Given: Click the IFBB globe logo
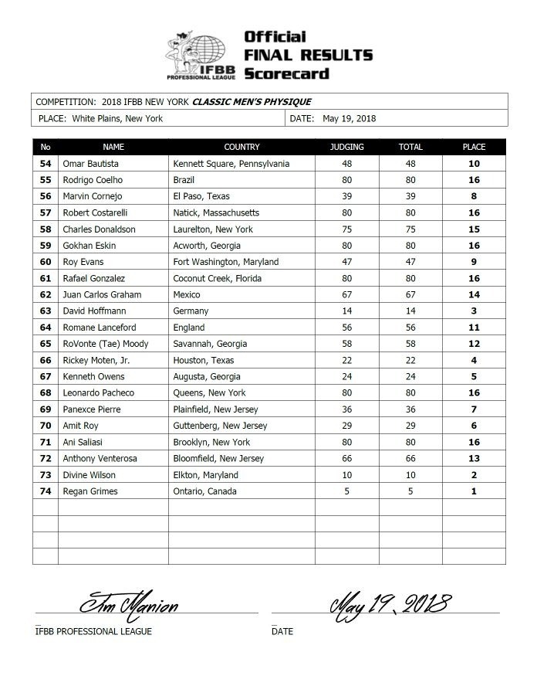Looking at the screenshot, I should pos(200,53).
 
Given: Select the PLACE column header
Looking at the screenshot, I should pos(474,147).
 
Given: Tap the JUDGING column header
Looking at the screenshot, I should pos(346,147).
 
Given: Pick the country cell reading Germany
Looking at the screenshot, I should pos(191,311).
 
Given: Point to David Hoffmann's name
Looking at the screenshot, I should pos(93,311).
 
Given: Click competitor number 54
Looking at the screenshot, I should pos(46,164).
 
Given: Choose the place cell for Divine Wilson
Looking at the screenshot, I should pos(474,475).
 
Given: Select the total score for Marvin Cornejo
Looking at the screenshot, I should pos(410,196).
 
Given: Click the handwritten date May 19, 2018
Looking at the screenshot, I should pos(390,600).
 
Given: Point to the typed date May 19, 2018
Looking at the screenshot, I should pos(350,118).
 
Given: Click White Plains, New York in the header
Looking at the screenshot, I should pos(118,118).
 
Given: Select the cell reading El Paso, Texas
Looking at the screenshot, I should pos(202,196).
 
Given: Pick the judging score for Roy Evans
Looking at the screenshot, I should pos(346,262).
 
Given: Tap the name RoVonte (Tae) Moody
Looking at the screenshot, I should pos(106,344).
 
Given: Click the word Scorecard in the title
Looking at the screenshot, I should pos(286,73).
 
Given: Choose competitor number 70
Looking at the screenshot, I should pos(46,426).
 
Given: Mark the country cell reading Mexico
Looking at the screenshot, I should pos(187,294).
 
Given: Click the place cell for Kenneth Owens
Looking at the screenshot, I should pos(474,377).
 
